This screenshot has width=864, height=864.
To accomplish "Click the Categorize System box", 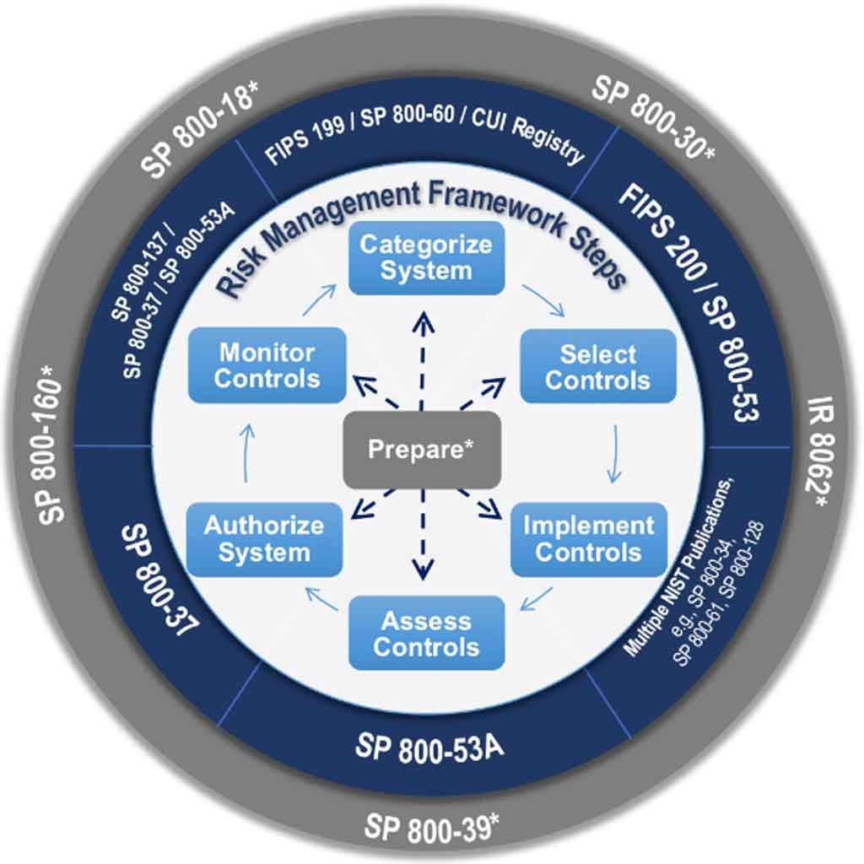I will pyautogui.click(x=426, y=258).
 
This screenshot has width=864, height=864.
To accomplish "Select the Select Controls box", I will pyautogui.click(x=597, y=366).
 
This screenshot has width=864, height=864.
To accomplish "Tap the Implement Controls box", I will pyautogui.click(x=588, y=539).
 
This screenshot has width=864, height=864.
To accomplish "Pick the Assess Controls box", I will pyautogui.click(x=426, y=634).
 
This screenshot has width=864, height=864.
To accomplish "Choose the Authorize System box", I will pyautogui.click(x=264, y=539).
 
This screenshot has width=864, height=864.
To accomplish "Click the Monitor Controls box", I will pyautogui.click(x=267, y=365).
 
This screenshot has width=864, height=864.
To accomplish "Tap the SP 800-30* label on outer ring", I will pyautogui.click(x=654, y=116).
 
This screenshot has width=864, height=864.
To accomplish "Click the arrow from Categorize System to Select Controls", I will pyautogui.click(x=543, y=301).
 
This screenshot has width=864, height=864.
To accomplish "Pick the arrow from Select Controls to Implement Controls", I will pyautogui.click(x=614, y=453).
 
